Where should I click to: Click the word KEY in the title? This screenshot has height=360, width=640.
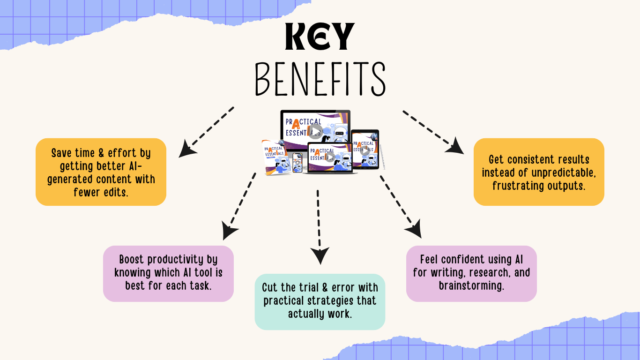pos(320,36)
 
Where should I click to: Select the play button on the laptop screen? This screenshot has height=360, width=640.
pos(330,157)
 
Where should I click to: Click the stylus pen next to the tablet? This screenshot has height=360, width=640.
pos(383,157)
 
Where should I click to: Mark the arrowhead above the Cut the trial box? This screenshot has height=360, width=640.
pos(320,256)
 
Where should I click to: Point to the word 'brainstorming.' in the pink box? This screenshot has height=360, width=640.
pos(471,285)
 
